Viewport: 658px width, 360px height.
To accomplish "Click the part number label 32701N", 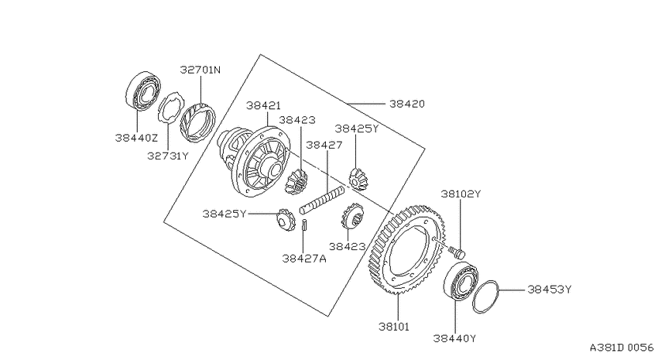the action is click(200, 70).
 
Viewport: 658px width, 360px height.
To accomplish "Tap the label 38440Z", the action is click(136, 138).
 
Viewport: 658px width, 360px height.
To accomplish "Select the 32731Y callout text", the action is click(168, 156).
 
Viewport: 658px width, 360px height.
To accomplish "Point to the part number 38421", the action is click(263, 105).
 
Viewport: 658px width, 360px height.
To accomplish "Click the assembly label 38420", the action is click(407, 104).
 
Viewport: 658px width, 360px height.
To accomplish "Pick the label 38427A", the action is click(303, 259).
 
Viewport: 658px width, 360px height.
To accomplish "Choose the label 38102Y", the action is click(461, 194).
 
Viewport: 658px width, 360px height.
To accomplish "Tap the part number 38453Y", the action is click(550, 290).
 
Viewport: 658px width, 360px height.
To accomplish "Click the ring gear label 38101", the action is click(393, 327).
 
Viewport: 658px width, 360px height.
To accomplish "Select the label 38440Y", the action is click(455, 338).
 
